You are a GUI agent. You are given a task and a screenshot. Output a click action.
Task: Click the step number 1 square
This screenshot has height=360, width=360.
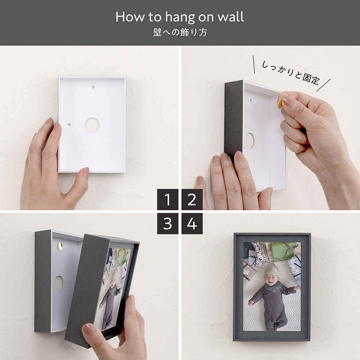[168, 199]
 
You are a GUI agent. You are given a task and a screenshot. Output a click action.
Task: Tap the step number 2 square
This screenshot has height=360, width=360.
[192, 199]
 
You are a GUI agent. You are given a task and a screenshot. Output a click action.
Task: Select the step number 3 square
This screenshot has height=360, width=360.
[168, 224]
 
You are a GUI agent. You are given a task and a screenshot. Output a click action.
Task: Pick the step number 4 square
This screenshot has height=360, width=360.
[192, 224]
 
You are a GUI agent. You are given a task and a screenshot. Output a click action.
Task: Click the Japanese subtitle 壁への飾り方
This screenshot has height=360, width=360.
[180, 32]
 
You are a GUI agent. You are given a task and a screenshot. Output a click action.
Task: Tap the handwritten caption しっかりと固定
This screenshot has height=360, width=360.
[291, 72]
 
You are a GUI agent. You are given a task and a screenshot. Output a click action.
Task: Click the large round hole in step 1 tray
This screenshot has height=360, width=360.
[92, 125]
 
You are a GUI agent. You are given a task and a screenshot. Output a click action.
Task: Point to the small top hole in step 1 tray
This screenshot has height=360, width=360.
[93, 87]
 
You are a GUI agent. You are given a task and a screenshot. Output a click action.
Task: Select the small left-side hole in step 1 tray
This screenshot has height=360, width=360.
[69, 125]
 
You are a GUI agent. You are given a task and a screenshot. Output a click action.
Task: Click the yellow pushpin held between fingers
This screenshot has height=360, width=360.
[280, 103]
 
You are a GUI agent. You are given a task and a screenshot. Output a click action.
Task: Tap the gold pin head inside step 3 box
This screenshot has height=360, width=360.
[60, 246]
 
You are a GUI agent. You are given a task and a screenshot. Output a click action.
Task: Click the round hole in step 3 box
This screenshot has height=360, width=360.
[59, 283]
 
